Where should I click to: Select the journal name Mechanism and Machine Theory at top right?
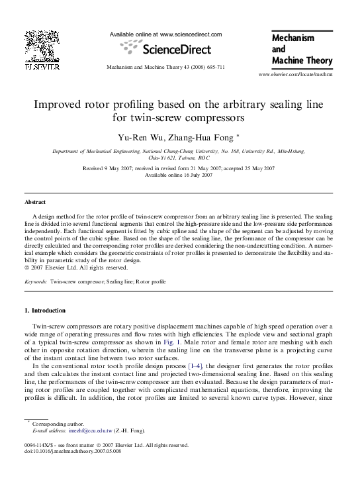301,50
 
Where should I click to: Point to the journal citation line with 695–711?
165,68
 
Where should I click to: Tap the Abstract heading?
35,202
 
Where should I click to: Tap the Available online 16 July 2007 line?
179,175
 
